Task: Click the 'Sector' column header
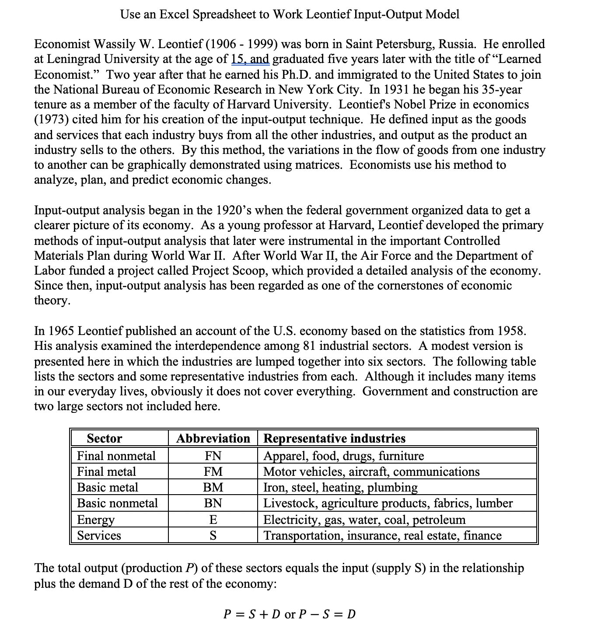click(105, 438)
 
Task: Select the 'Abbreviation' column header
click(213, 438)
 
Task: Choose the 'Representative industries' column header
click(334, 438)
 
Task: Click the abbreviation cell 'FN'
click(213, 456)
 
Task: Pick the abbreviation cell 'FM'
click(213, 472)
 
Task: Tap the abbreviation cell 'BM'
click(213, 488)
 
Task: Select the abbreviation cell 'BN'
click(213, 503)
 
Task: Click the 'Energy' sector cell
click(96, 520)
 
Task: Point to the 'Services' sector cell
click(99, 536)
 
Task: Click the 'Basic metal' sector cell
click(107, 488)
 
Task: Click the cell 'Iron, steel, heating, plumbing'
click(340, 488)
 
